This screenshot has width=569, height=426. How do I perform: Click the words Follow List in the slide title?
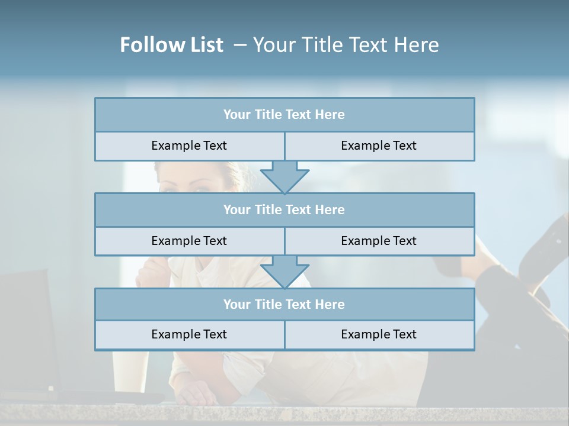coord(171,45)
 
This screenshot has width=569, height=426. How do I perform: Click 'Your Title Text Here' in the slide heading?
coord(346,45)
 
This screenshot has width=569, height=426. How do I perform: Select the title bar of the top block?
coord(284,115)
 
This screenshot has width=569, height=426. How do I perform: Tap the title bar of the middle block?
coord(284,210)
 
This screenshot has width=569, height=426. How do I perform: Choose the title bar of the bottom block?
coord(284,305)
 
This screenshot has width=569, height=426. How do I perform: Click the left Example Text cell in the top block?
coord(189,146)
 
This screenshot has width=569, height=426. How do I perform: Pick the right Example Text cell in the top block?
coord(379,146)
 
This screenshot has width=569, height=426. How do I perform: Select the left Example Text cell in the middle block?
coord(189,241)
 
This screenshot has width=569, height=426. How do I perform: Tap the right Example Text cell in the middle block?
coord(379,241)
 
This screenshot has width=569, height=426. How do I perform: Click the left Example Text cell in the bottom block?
coord(189,335)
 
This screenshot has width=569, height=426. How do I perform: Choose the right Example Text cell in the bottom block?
coord(379,335)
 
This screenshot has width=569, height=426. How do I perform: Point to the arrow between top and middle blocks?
coord(284,177)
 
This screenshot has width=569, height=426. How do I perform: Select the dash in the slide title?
coord(240,45)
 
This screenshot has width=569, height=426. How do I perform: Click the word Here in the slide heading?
coord(417,45)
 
